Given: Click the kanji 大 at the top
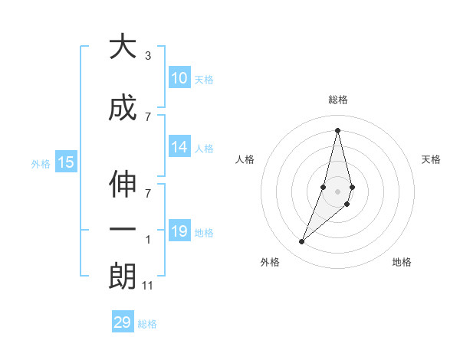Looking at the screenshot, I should coord(123,47).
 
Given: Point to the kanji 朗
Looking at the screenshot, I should coord(123,276).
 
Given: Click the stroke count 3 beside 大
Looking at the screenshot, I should coord(148,56).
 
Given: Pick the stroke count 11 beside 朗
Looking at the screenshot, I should coord(148,286).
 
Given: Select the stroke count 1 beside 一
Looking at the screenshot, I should coord(148,240).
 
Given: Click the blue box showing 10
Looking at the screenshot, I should coord(179,78).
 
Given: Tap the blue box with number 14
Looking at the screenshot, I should coord(179,148).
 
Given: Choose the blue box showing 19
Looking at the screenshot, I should coord(179,231).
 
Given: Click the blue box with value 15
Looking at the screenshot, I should coord(66,162).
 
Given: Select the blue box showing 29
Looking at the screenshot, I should coord(123,322).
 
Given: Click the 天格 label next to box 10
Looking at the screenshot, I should coord(204,79).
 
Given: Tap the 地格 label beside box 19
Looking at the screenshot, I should coord(204,232).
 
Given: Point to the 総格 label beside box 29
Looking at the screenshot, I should coord(147,323).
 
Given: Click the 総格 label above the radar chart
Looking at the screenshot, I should coord(338,100).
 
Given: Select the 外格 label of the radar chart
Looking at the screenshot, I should coord(270,262).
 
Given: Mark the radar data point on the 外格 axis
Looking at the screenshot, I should coord(302,242).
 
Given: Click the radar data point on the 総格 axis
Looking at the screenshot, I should coord(338,130).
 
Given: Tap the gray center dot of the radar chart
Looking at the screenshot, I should coord(338,201).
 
